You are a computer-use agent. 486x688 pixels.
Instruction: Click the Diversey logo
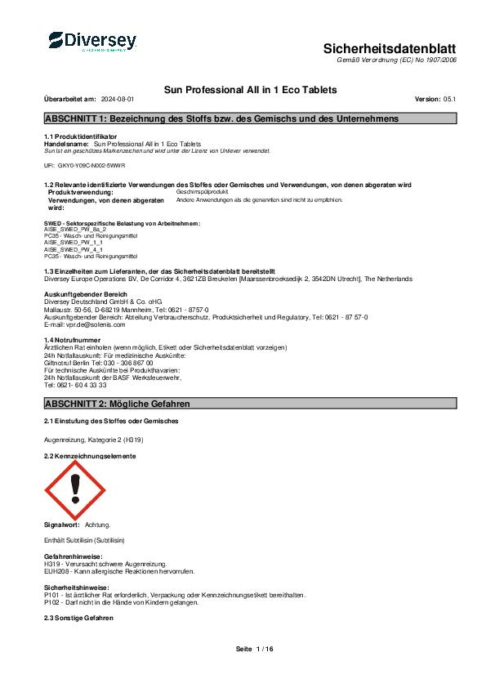(x=92, y=42)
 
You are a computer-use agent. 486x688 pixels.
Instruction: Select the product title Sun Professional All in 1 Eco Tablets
(x=251, y=89)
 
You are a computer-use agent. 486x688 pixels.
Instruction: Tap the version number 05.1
(x=448, y=99)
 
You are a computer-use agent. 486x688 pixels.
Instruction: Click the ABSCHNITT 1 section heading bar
(x=250, y=118)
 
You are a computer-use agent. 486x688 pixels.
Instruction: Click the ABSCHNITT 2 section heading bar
(x=250, y=404)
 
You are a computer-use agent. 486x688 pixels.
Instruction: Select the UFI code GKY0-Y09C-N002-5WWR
(x=90, y=165)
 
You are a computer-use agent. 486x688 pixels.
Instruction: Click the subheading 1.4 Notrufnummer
(x=72, y=339)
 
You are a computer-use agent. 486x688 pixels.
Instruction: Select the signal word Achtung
(x=97, y=525)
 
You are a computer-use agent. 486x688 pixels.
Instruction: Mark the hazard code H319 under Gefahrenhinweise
(x=51, y=565)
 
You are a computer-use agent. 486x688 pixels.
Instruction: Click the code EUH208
(x=56, y=570)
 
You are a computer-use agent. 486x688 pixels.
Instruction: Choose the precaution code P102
(x=51, y=602)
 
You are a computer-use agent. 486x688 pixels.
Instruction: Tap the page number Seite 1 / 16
(x=254, y=649)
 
